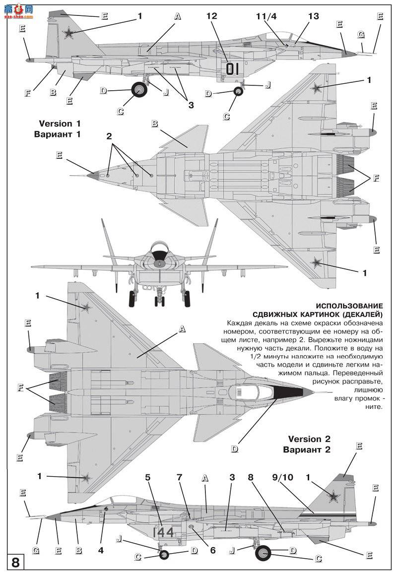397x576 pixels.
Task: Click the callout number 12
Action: [x=212, y=16]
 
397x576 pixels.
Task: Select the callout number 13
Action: [x=313, y=16]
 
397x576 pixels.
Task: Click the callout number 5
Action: [x=147, y=478]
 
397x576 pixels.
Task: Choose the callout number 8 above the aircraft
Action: [x=251, y=478]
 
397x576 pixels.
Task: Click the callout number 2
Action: [x=109, y=136]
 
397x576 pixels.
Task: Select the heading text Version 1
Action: [x=59, y=124]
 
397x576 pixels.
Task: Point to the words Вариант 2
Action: [x=307, y=450]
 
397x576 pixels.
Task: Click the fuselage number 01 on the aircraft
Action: [x=232, y=68]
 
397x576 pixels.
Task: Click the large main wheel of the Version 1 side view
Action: [x=139, y=90]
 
